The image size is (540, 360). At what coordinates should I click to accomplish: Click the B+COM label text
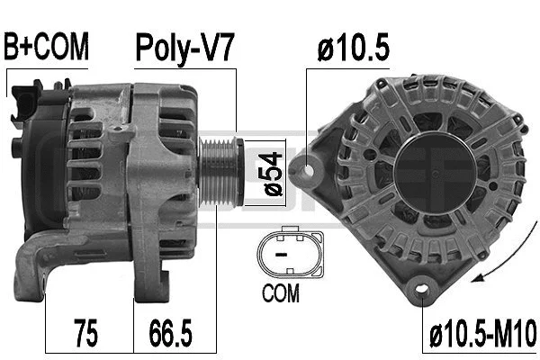tap(46, 48)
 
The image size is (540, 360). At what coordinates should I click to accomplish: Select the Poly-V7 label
tap(184, 48)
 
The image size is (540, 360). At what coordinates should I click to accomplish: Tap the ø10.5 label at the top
tap(353, 48)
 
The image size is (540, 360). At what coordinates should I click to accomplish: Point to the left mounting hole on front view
tap(310, 167)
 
